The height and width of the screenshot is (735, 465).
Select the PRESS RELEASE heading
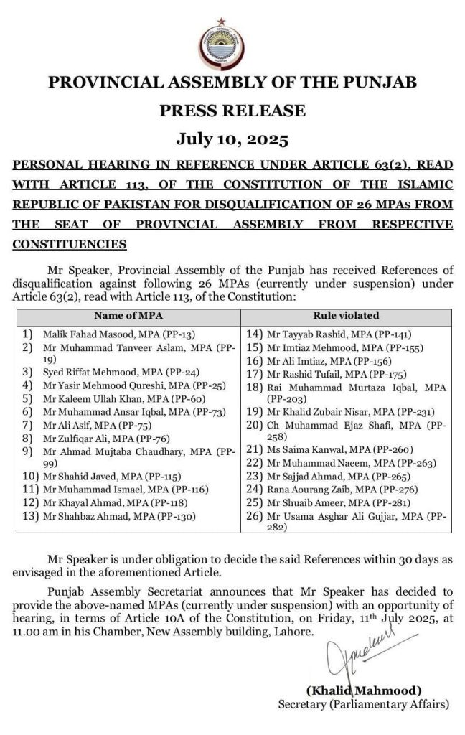232,111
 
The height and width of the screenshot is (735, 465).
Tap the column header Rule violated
346,316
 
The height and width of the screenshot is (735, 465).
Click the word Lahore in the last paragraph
294,632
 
